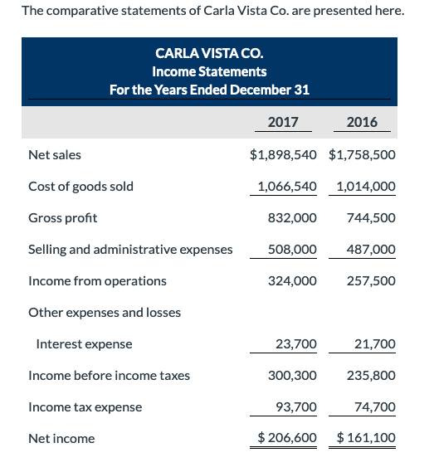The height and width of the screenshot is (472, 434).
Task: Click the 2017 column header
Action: click(283, 123)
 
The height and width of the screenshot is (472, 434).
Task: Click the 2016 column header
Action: click(362, 123)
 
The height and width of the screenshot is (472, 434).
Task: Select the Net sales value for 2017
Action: click(283, 154)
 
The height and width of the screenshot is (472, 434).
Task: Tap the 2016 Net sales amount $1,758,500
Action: click(362, 154)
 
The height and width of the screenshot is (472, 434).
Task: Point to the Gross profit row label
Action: click(62, 217)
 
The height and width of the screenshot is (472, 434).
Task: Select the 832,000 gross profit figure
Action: click(292, 217)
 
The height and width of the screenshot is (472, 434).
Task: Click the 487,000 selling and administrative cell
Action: click(371, 249)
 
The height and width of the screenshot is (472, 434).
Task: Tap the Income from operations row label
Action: click(97, 280)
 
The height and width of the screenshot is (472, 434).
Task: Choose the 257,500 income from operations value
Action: click(371, 280)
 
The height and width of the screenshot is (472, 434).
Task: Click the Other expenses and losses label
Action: click(105, 312)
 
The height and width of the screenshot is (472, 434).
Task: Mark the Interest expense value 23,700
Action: click(295, 343)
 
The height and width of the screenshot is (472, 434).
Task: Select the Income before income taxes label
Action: click(109, 375)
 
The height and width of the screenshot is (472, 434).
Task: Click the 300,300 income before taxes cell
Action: click(292, 375)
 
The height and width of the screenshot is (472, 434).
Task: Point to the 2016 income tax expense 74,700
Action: click(374, 406)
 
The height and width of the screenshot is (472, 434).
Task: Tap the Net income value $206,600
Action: click(287, 437)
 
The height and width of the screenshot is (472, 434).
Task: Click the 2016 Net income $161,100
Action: click(366, 437)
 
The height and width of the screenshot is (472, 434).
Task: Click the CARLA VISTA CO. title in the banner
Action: click(210, 53)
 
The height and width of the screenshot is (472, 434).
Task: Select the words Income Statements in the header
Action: click(210, 71)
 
